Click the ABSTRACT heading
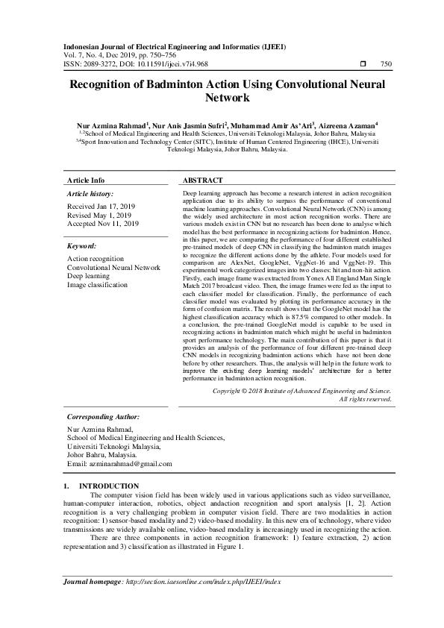tap(203, 180)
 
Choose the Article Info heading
tap(86, 180)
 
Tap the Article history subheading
tap(89, 193)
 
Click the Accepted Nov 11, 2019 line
tap(103, 223)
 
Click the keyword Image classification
tap(97, 284)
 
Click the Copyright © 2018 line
tap(301, 390)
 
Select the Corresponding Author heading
tap(103, 417)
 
